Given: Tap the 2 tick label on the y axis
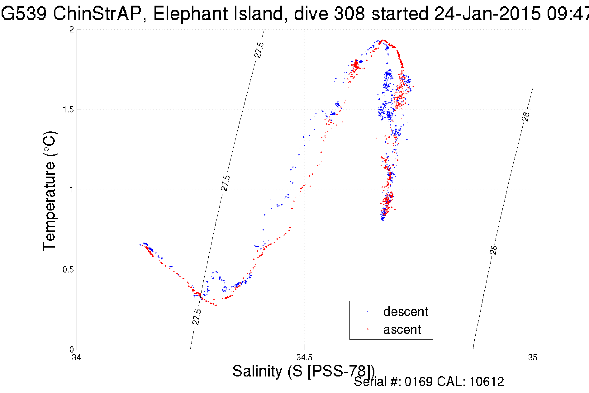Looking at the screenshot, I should [x=72, y=30].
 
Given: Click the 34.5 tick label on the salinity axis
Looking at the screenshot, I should [x=304, y=357].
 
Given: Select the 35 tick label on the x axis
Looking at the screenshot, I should [x=533, y=357].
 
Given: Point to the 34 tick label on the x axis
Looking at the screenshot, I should [x=77, y=357].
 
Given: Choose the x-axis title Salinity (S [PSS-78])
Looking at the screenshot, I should [x=303, y=371].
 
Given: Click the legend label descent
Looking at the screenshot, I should [x=406, y=312].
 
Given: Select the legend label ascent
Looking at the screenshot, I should [x=402, y=329].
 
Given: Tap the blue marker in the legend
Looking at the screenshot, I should [x=368, y=311].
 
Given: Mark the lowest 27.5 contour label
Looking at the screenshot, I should [x=197, y=317].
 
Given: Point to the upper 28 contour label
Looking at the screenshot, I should [x=526, y=116].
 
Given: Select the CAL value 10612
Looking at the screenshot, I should [x=487, y=382].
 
